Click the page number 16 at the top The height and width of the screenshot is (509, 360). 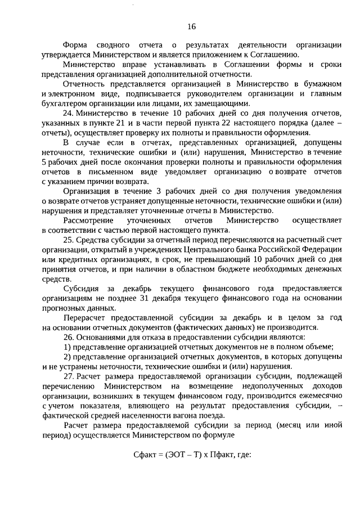[191, 27]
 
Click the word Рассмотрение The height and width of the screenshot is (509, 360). [90, 219]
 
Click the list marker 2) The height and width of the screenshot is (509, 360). [67, 356]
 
